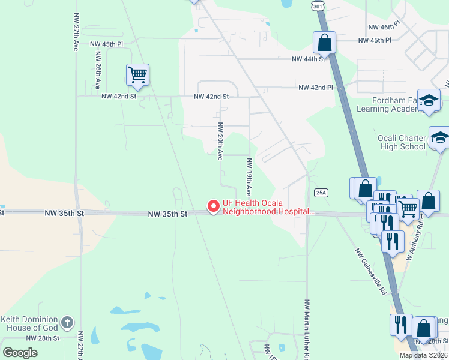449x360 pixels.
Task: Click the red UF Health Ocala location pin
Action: coord(213,206)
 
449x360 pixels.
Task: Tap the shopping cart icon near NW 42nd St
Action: coord(137,75)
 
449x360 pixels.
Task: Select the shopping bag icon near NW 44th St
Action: coord(324,43)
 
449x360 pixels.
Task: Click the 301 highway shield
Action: coord(318,5)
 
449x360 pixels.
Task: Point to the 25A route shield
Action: coord(321,192)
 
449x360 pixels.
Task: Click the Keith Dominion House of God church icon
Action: coord(67,323)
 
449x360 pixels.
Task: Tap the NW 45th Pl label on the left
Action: coord(106,44)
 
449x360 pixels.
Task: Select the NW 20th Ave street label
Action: coord(220,141)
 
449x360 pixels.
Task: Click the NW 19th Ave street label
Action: coord(249,173)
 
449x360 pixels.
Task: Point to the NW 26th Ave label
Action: coord(97,70)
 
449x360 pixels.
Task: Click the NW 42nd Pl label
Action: coord(316,88)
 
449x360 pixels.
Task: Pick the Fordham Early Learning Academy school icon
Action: coord(429,101)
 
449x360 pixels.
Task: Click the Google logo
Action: coord(20,353)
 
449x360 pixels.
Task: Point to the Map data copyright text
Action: coord(424,355)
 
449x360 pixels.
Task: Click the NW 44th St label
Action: coord(307,59)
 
